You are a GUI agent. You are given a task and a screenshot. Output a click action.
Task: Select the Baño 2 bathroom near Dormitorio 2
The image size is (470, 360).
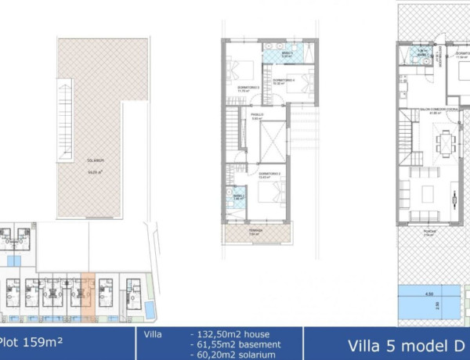tap(237, 197)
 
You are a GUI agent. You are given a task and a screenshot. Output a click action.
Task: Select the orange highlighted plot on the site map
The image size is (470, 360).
tap(88, 296)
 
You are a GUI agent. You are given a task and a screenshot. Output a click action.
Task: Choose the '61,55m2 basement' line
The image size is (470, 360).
tap(238, 344)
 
